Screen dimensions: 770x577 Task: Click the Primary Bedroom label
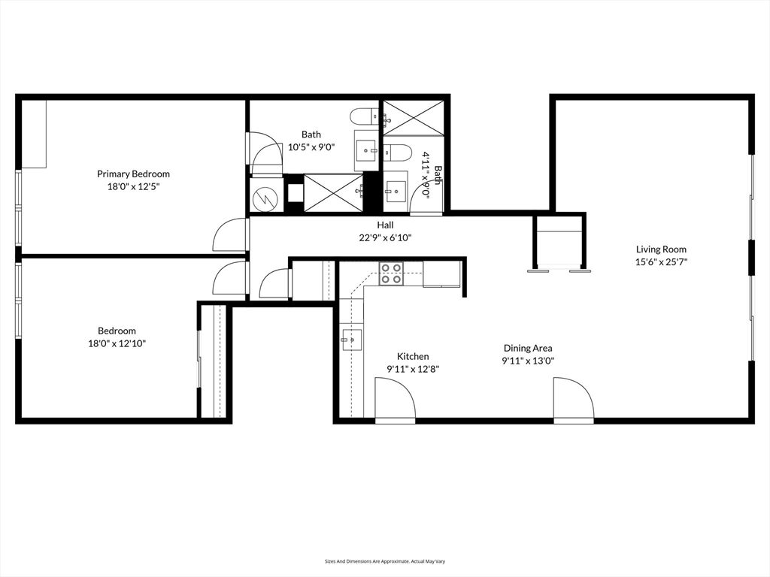[x=133, y=174]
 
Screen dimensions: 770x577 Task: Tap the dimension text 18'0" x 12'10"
[x=117, y=343]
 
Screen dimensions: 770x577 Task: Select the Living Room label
[x=661, y=249]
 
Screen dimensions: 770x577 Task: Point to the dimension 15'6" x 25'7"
[x=661, y=262]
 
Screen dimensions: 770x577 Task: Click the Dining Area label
[x=528, y=349]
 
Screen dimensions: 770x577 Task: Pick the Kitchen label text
[x=413, y=357]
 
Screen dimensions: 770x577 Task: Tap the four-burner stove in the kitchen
[x=391, y=273]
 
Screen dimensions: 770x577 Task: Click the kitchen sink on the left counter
[x=351, y=339]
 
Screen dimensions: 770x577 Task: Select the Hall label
[x=385, y=225]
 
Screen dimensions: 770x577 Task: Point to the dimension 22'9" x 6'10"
[x=385, y=238]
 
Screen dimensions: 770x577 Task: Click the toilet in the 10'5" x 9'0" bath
[x=364, y=116]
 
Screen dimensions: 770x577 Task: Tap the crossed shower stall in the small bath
[x=414, y=118]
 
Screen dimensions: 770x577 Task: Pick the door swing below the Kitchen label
[x=396, y=397]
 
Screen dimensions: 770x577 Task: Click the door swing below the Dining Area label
[x=574, y=397]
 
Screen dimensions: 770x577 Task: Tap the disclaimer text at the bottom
[x=385, y=561]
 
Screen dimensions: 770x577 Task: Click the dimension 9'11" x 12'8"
[x=413, y=370]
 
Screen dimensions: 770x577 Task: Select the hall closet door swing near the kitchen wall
[x=274, y=283]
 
